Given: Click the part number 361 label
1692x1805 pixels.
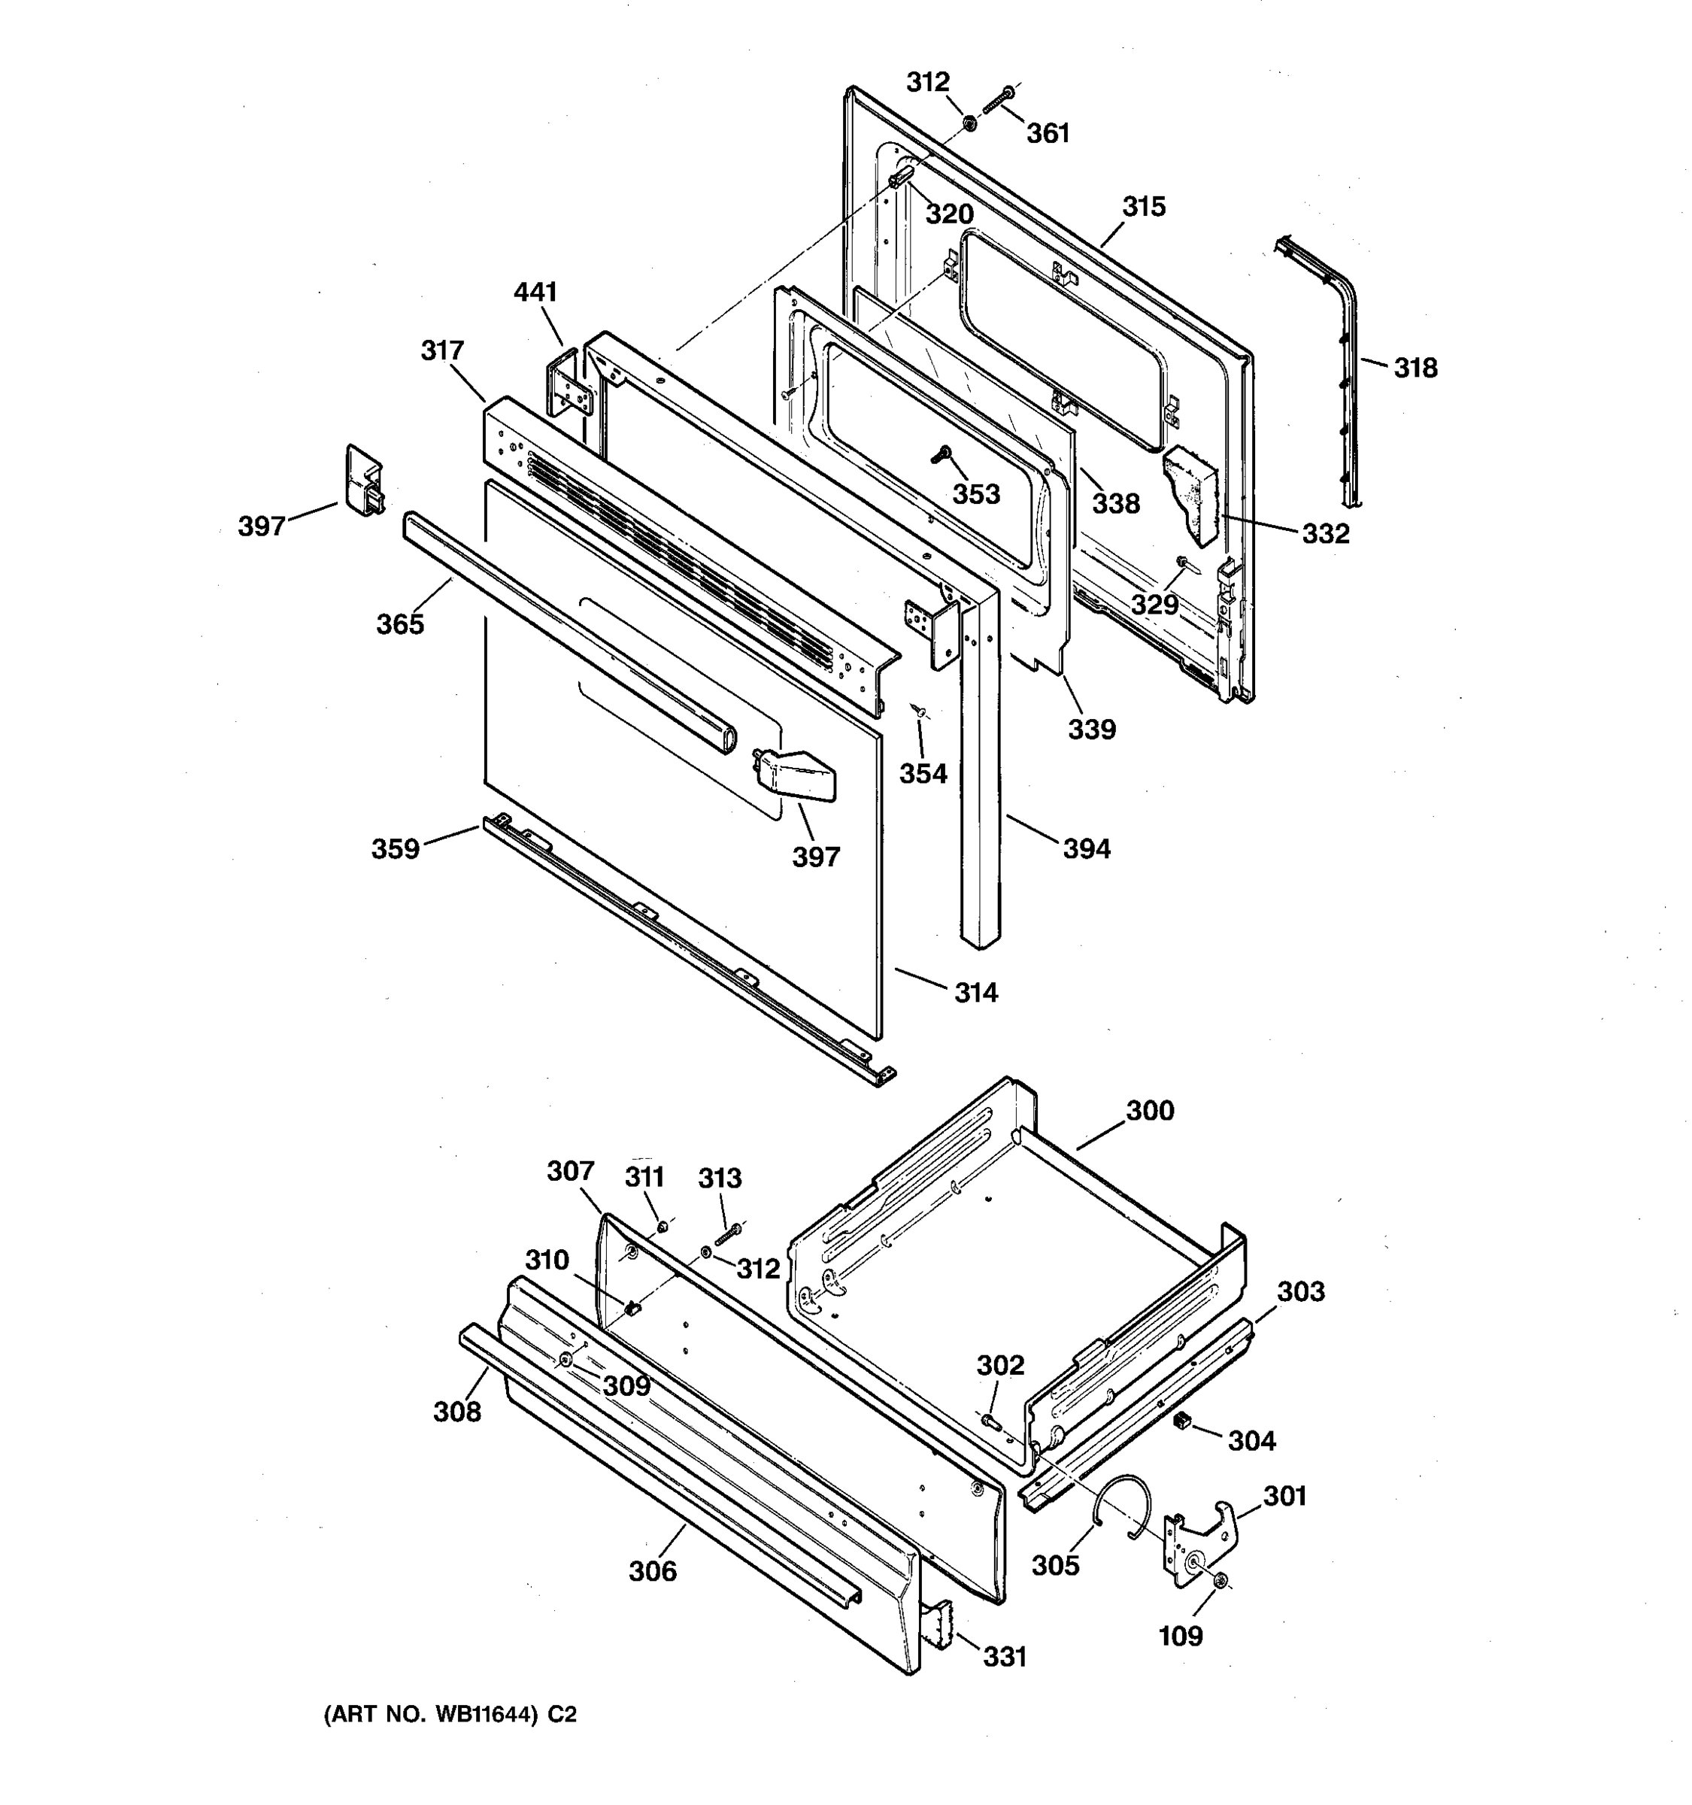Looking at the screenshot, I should point(1048,133).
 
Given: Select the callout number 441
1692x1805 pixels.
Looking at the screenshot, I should point(535,292).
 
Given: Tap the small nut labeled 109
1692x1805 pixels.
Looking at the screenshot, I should point(1221,1581).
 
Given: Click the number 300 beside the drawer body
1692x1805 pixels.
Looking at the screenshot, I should point(1149,1110).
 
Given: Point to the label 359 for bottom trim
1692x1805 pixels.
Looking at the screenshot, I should point(396,849).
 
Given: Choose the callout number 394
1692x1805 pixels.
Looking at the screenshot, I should point(1086,849).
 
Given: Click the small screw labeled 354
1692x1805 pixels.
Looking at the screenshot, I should point(919,710).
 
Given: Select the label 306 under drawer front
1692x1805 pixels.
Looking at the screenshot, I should point(653,1571).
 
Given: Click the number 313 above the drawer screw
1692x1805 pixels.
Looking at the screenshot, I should point(720,1178).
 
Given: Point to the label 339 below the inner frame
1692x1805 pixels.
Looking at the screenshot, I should point(1091,728).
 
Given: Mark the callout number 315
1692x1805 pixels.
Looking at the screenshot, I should point(1144,207).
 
